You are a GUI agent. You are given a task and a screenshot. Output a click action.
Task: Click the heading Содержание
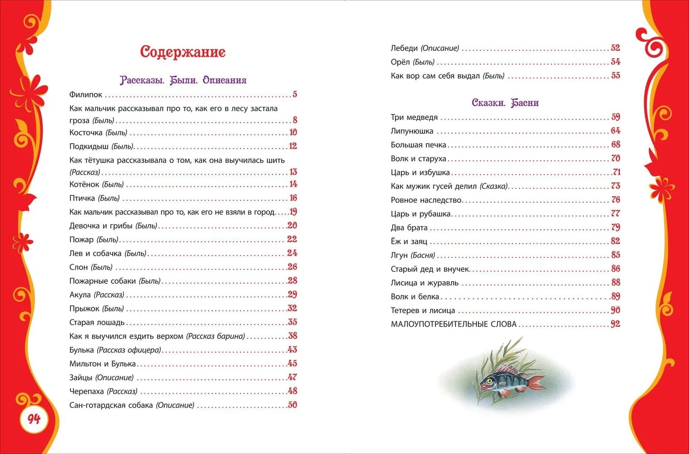click(183, 52)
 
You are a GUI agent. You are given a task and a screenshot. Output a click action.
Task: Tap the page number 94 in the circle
click(34, 419)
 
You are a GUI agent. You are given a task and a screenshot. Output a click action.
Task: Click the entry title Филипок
click(86, 95)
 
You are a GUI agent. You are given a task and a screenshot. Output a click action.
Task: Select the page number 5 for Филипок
click(295, 94)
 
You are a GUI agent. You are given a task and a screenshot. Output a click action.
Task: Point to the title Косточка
click(86, 133)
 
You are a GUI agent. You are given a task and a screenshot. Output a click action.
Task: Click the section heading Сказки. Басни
click(505, 103)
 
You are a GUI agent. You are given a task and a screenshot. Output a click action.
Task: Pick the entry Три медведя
click(414, 117)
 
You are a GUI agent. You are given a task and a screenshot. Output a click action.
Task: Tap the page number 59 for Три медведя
click(615, 117)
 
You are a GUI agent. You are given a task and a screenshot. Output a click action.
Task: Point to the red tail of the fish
click(537, 382)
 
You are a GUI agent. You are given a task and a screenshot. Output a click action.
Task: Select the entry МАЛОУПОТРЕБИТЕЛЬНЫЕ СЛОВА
click(453, 324)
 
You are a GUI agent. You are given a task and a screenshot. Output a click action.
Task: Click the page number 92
click(615, 324)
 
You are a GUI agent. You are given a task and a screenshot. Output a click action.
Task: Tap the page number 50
click(293, 405)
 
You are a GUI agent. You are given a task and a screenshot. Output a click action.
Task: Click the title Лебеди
click(404, 48)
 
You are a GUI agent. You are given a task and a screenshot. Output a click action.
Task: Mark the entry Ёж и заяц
click(409, 242)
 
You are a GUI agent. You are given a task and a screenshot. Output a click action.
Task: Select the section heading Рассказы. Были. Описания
click(183, 80)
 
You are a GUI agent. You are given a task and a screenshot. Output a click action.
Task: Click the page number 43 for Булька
click(293, 350)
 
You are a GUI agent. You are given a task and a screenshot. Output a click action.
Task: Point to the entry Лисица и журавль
click(424, 283)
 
